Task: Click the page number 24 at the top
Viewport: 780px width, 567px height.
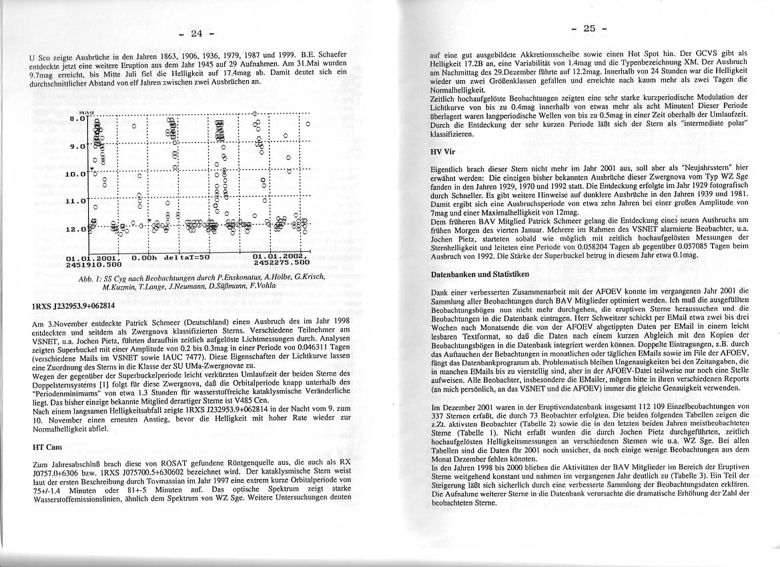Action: tap(198, 33)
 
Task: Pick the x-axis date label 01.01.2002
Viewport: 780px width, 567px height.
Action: tap(279, 257)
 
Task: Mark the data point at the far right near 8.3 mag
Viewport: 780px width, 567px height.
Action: tap(308, 124)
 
